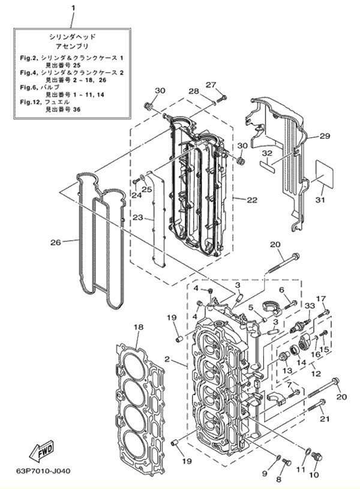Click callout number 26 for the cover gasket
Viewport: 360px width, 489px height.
[55, 242]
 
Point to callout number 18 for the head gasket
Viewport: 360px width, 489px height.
[139, 327]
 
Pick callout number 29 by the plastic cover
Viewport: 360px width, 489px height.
[325, 136]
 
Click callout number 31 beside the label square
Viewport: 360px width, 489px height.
[320, 199]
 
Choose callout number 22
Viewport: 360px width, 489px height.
[252, 199]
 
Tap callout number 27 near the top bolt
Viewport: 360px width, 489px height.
[211, 85]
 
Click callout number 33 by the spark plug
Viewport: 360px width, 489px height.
[310, 305]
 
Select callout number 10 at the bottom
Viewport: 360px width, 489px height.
[314, 475]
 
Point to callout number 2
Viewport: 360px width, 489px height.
[167, 360]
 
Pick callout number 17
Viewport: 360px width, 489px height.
[321, 299]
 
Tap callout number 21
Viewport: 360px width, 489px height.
[324, 418]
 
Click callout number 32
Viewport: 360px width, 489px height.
[267, 153]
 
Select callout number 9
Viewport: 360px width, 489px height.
[265, 473]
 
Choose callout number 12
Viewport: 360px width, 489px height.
[314, 373]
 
